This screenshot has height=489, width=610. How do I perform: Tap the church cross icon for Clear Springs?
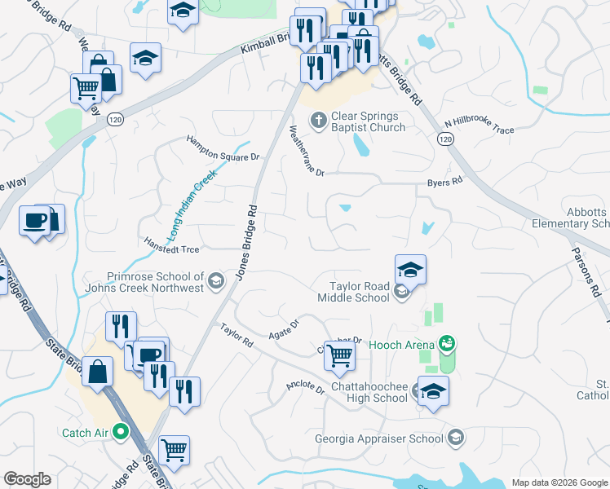318,121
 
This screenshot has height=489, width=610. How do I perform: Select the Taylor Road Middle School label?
359,292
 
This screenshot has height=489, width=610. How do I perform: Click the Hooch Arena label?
400,345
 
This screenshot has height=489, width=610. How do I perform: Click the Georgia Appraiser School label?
379,438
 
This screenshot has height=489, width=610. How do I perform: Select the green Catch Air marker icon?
122,432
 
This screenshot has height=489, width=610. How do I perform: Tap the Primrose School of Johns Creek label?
154,282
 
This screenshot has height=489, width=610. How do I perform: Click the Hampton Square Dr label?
223,147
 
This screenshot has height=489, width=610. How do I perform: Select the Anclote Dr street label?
305,386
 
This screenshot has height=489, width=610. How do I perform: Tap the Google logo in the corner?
27,479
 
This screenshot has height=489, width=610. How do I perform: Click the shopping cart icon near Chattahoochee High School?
338,355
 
